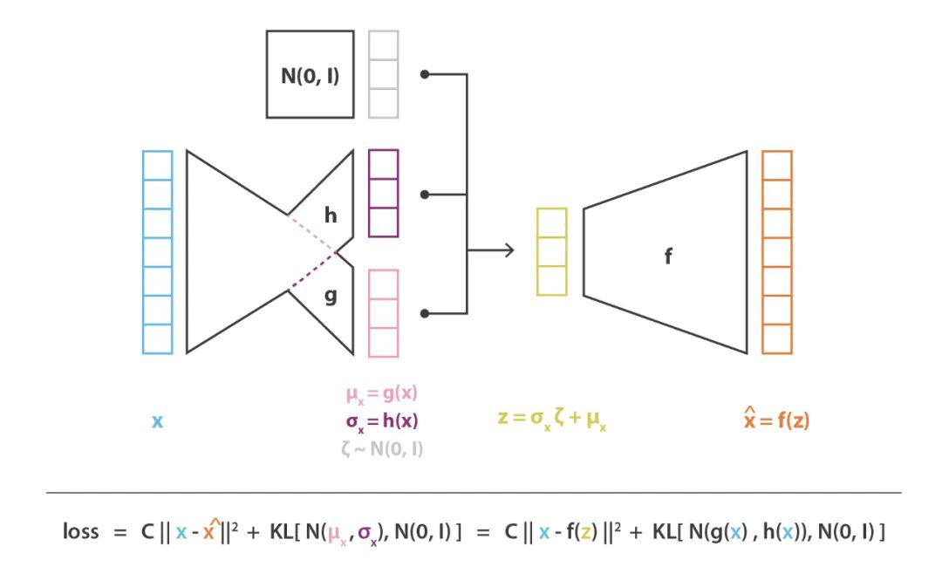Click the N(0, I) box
[310, 74]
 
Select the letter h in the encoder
[331, 214]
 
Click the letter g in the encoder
[331, 296]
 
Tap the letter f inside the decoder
[668, 257]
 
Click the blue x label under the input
[157, 421]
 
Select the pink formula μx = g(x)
[383, 395]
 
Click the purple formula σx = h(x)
[383, 422]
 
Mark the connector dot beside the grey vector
[425, 74]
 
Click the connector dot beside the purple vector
[425, 194]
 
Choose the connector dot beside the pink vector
[425, 312]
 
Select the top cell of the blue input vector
[157, 165]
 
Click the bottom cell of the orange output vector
[776, 339]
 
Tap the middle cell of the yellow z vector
[551, 251]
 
